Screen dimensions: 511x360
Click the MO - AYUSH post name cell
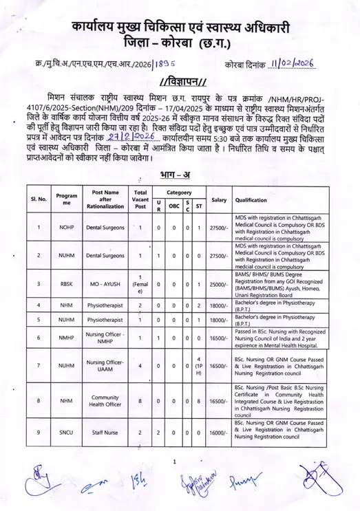click(x=103, y=283)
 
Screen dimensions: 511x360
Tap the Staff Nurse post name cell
click(x=103, y=433)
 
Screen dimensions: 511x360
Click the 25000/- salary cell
click(x=218, y=283)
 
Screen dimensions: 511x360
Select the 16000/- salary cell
click(x=218, y=433)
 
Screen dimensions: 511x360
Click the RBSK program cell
click(x=65, y=283)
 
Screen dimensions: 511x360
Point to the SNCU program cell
click(x=65, y=433)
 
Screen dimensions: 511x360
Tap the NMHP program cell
click(x=65, y=338)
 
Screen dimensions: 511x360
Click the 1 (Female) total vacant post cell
click(x=140, y=283)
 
